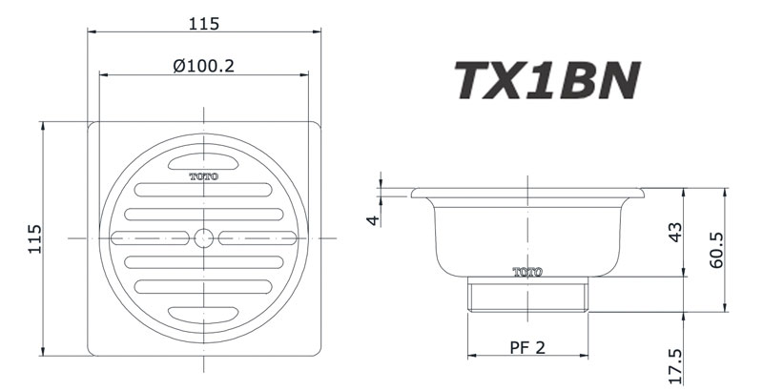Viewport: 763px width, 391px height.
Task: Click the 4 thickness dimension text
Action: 373,219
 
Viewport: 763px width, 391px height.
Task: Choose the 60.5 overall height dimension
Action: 718,250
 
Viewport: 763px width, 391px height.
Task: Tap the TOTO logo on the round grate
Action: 203,176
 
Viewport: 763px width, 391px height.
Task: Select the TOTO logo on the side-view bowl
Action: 527,271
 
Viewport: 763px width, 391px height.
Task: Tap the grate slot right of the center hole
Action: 257,237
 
